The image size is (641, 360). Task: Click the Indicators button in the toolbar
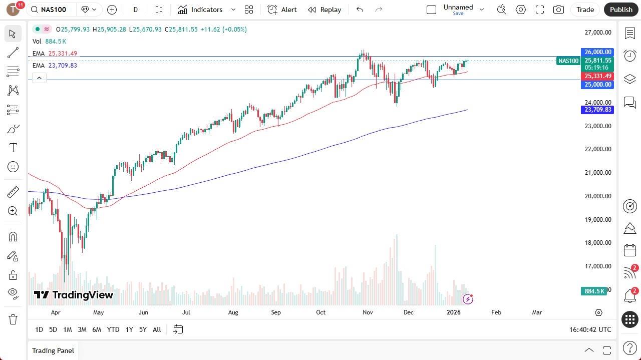pos(200,10)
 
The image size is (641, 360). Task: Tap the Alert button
pos(282,10)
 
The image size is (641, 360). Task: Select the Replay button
pos(325,10)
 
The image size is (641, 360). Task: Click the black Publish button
pos(621,10)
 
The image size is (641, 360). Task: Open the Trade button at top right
pos(585,10)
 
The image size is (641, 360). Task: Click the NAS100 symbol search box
pos(53,10)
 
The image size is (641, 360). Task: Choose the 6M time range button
pos(97,329)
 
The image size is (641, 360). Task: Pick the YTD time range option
pos(113,329)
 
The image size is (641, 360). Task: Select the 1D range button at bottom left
pos(39,329)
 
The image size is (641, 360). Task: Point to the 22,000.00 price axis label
pos(598,149)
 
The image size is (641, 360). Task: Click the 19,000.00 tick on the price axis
pos(598,219)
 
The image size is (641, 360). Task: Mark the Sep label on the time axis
pos(276,312)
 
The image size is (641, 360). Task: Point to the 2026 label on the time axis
pos(453,312)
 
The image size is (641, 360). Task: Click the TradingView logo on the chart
pos(74,295)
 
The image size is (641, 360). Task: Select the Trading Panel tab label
pos(53,350)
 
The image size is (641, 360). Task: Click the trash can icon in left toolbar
pos(13,319)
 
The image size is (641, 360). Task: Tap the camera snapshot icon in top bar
pos(558,10)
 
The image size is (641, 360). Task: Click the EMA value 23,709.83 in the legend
pos(63,66)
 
